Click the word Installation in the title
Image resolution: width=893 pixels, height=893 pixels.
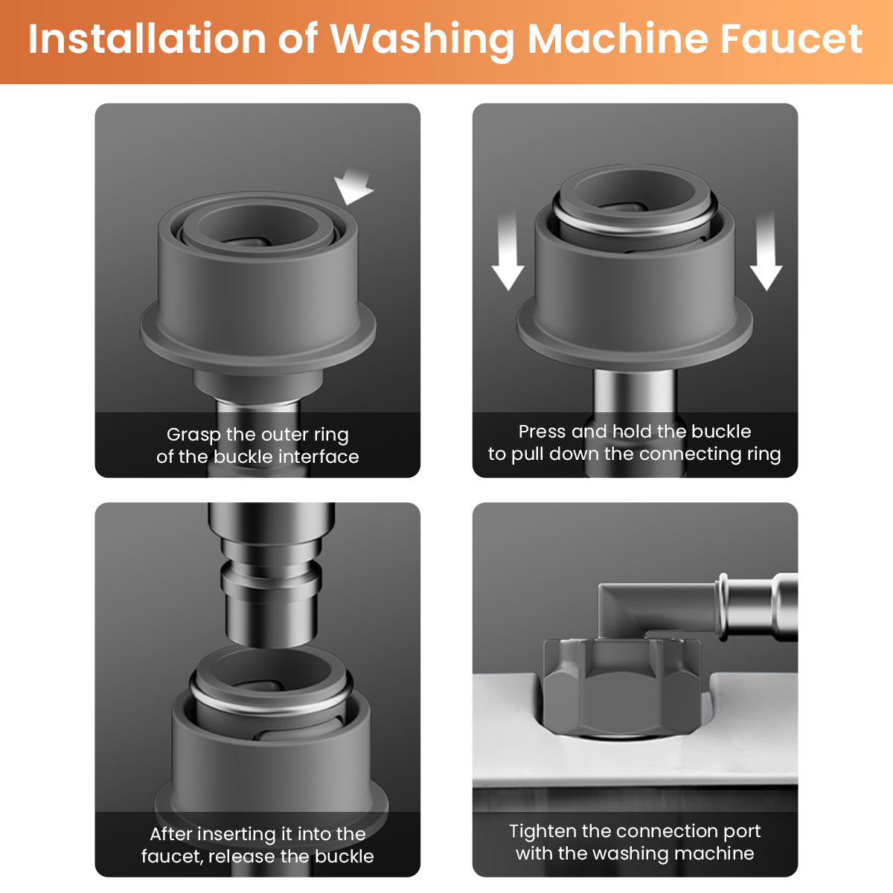(x=147, y=39)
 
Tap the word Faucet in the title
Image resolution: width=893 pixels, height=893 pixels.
(x=791, y=40)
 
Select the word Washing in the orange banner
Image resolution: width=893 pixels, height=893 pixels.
(x=422, y=42)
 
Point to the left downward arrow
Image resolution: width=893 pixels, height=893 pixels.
(x=508, y=251)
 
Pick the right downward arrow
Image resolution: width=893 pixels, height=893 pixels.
(x=766, y=251)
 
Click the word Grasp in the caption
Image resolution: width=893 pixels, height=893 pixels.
(x=193, y=435)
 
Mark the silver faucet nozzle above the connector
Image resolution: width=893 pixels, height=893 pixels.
(x=271, y=574)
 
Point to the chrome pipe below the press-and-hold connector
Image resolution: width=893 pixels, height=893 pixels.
(x=635, y=423)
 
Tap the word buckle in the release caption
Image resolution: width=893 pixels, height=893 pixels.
(x=345, y=857)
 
